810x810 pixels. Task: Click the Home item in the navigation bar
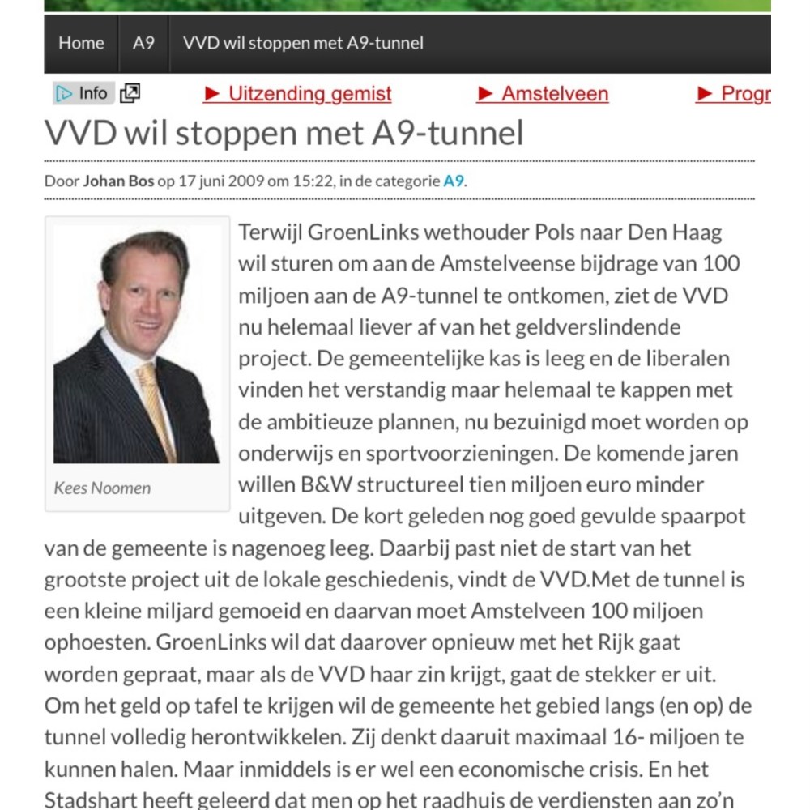pyautogui.click(x=81, y=43)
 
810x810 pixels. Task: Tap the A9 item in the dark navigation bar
pyautogui.click(x=143, y=43)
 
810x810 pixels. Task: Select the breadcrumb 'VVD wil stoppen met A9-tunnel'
pyautogui.click(x=303, y=43)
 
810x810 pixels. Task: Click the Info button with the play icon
pyautogui.click(x=83, y=94)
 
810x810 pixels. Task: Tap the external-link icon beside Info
pyautogui.click(x=130, y=94)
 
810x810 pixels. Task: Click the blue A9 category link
pyautogui.click(x=454, y=181)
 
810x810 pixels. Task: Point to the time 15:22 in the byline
pyautogui.click(x=317, y=181)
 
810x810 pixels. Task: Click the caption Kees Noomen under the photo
pyautogui.click(x=102, y=488)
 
